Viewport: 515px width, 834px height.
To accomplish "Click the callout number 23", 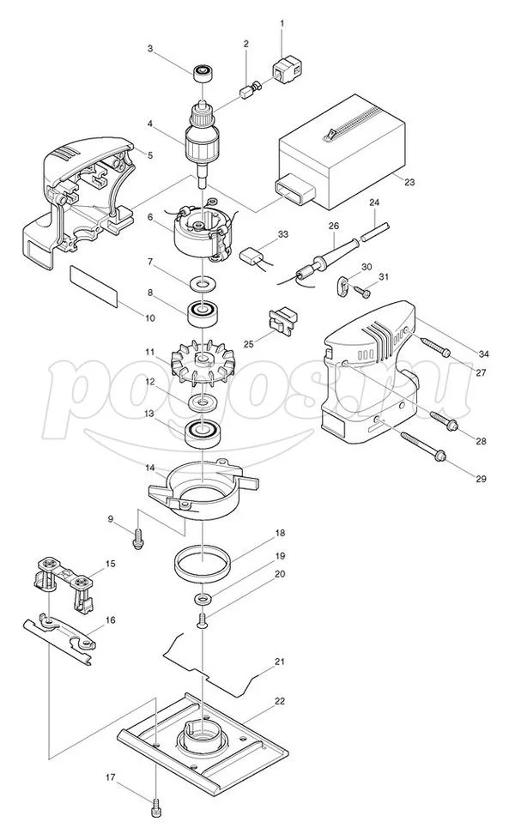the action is [409, 182].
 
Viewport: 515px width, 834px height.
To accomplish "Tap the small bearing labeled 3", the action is [203, 72].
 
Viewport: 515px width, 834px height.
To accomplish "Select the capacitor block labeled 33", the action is [251, 256].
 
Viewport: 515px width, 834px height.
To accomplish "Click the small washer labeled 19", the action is [203, 599].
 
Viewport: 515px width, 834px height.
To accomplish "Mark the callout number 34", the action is [483, 354].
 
